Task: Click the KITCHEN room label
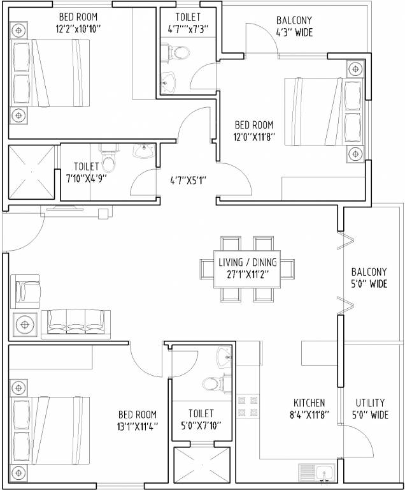click(x=309, y=403)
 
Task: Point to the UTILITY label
click(x=369, y=403)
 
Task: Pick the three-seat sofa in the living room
click(x=76, y=321)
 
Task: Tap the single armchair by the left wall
click(x=25, y=292)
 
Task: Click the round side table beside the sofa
click(x=25, y=325)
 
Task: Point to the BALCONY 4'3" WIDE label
click(x=294, y=26)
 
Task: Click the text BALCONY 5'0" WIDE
click(x=369, y=279)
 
